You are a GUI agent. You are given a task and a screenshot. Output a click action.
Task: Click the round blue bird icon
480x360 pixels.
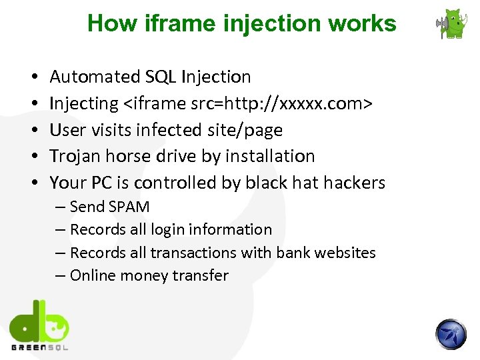(451, 333)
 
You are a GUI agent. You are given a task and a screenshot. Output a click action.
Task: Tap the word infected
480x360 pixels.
(165, 130)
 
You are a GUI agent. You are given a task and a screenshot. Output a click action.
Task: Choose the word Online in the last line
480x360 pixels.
(91, 275)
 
